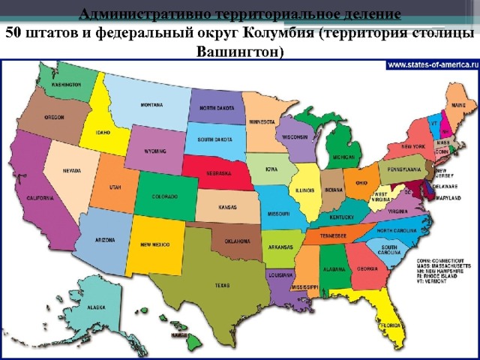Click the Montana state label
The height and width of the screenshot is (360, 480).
click(151, 106)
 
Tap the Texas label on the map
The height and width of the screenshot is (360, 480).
click(222, 285)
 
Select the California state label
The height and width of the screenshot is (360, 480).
click(40, 198)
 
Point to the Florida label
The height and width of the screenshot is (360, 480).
click(389, 326)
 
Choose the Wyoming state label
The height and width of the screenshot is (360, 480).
click(155, 151)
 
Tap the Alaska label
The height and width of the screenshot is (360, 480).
click(96, 307)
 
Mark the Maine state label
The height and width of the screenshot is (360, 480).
click(458, 106)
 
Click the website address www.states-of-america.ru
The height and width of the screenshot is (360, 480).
click(431, 64)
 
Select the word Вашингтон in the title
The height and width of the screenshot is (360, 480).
click(239, 52)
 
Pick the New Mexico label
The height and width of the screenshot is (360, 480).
click(155, 245)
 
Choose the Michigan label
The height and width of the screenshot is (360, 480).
click(343, 157)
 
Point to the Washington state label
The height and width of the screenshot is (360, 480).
click(67, 85)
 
